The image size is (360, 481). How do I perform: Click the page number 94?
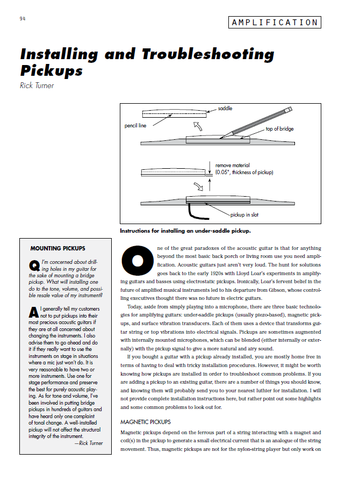click(22, 18)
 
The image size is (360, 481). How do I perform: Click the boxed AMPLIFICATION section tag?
click(275, 23)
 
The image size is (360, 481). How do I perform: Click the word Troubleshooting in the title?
click(208, 54)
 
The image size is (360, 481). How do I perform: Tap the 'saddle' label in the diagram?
click(225, 109)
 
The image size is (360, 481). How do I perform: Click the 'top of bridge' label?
click(279, 129)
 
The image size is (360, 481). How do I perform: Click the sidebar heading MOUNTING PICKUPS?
click(57, 248)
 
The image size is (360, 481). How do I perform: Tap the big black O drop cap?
click(138, 260)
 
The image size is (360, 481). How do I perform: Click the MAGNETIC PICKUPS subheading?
click(146, 422)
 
